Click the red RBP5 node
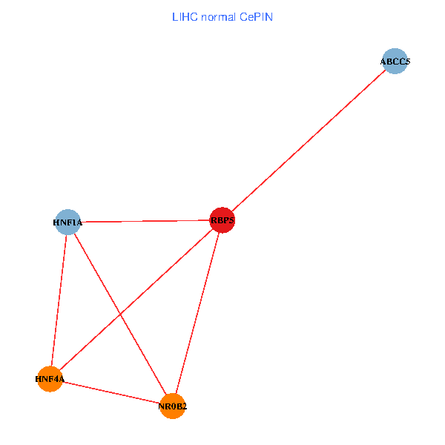point(222,220)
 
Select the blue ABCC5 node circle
point(395,62)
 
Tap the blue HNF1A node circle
point(67,222)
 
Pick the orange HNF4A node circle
point(50,379)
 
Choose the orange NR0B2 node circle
point(172,406)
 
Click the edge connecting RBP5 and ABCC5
point(309,141)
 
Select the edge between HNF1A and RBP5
point(145,221)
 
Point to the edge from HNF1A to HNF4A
point(59,300)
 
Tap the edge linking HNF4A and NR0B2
point(111,392)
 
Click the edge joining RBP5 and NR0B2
point(197,312)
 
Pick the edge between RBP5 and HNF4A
point(163,274)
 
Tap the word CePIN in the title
point(257,16)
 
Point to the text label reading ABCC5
point(395,62)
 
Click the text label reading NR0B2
point(172,406)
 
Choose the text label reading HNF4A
point(50,380)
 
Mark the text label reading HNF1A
point(67,222)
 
